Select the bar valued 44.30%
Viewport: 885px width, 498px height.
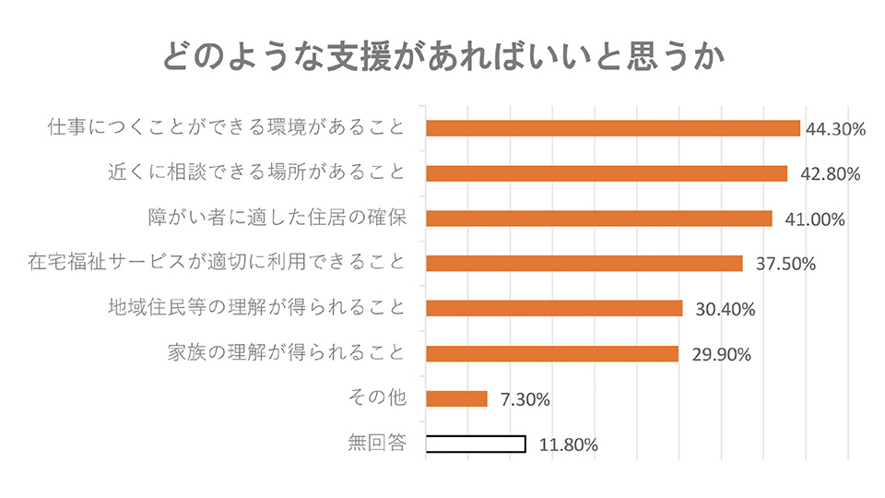pyautogui.click(x=613, y=128)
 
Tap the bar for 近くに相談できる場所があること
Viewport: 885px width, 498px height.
pyautogui.click(x=607, y=173)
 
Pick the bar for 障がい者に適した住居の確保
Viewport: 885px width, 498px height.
pyautogui.click(x=599, y=219)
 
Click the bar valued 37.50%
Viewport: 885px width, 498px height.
pyautogui.click(x=584, y=264)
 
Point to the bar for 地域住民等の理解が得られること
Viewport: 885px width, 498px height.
pyautogui.click(x=554, y=308)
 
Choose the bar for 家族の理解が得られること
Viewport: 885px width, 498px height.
pyautogui.click(x=552, y=353)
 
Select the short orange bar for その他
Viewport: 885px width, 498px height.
pyautogui.click(x=456, y=398)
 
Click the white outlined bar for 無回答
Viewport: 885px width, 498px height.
pyautogui.click(x=476, y=444)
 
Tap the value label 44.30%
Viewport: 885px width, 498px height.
pyautogui.click(x=835, y=129)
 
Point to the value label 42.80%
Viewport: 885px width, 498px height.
pyautogui.click(x=823, y=174)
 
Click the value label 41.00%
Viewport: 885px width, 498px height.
pyautogui.click(x=808, y=219)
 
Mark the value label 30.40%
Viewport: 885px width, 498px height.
pyautogui.click(x=718, y=310)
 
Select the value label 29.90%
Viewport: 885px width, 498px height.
pyautogui.click(x=714, y=354)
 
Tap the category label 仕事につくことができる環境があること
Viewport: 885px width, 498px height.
pyautogui.click(x=226, y=127)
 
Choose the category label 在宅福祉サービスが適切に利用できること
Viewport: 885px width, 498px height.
pyautogui.click(x=217, y=263)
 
